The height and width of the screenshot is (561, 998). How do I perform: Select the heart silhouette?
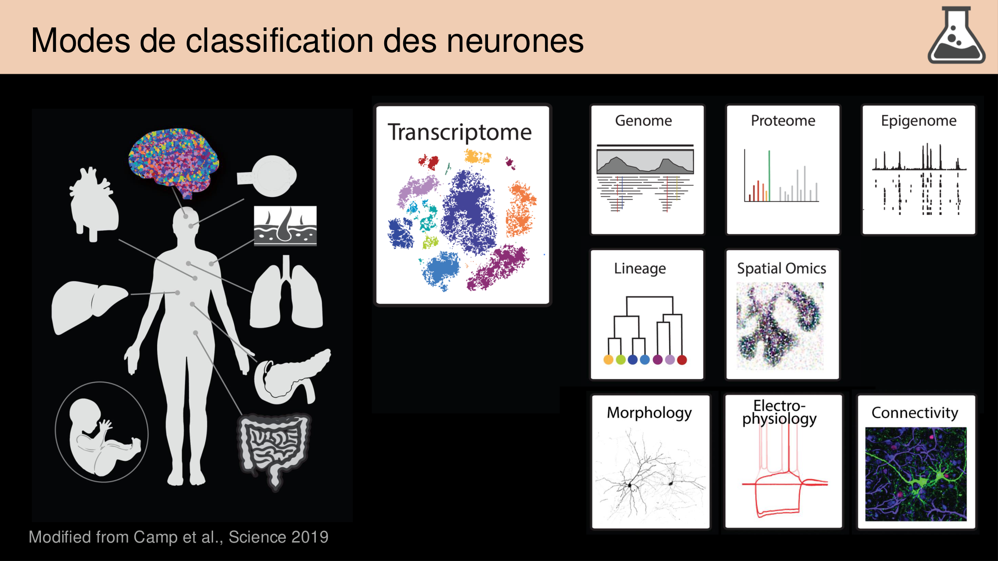[x=93, y=204]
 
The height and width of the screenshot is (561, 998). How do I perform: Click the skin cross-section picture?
[x=285, y=225]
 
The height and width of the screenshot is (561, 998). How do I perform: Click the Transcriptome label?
[x=460, y=133]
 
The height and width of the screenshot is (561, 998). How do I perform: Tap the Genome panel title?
[x=643, y=121]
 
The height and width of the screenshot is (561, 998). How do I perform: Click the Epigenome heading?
[x=919, y=121]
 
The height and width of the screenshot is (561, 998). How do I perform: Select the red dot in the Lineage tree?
[x=682, y=360]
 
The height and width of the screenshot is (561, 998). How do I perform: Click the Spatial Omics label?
[x=781, y=268]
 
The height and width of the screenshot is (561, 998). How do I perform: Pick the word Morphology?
[x=649, y=413]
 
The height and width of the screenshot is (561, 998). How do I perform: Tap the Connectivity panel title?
[x=915, y=413]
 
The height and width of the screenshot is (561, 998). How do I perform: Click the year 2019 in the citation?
[x=310, y=537]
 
